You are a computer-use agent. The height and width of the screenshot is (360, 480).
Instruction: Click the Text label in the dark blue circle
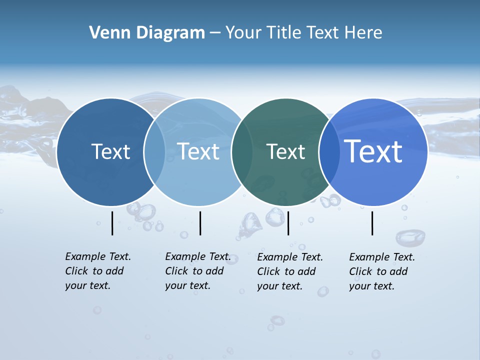click(110, 151)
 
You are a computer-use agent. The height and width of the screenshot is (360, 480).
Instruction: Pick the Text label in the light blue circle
click(198, 151)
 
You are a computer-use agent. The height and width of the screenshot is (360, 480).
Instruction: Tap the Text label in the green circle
click(285, 151)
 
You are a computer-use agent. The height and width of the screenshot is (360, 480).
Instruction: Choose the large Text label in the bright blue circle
click(373, 151)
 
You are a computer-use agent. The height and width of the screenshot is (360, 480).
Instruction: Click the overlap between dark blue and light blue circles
click(154, 152)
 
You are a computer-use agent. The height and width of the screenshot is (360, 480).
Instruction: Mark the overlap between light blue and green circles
click(242, 152)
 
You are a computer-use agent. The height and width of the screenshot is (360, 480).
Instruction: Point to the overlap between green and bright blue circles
click(329, 152)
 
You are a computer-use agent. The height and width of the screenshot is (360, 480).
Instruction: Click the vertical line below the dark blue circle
click(112, 223)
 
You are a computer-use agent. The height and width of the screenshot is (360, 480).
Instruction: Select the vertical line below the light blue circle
click(200, 223)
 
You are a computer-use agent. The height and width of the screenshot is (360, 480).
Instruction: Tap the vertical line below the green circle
click(288, 223)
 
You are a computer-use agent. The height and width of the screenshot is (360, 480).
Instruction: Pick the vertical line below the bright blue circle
click(372, 223)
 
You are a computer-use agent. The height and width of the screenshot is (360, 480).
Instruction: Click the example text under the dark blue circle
click(97, 271)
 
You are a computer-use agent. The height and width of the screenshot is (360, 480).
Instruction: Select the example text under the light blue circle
click(197, 271)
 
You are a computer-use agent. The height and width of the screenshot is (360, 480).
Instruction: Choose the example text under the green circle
click(289, 271)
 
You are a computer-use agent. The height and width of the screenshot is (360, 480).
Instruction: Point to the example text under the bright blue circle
click(381, 271)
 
